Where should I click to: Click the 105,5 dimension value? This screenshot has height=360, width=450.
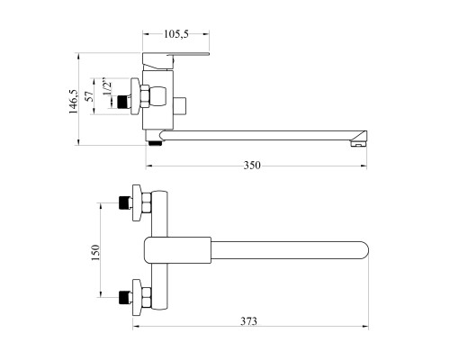coord(175,34)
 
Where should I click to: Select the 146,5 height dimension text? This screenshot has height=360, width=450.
coord(74,102)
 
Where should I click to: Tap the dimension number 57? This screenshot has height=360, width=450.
coord(89,96)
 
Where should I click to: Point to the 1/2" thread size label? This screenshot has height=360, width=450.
coord(107,87)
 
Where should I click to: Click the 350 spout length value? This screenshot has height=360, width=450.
coord(252,166)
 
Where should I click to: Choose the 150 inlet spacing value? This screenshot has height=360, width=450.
coord(95,253)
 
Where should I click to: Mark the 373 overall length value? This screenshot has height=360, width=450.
coord(248,321)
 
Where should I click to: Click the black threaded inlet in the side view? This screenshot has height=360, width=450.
coord(122,102)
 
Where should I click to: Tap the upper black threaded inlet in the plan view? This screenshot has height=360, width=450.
coord(124,202)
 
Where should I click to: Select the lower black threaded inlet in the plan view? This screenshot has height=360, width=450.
coord(124,297)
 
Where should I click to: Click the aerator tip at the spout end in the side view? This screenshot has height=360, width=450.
coord(359,144)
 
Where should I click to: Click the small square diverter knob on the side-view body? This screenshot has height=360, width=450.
coord(180,106)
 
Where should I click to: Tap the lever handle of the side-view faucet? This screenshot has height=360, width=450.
coord(175,60)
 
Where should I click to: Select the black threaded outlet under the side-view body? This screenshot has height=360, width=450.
coord(156,143)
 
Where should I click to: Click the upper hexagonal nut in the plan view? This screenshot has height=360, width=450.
coord(147,203)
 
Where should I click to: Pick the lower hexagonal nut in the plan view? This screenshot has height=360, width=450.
coord(147,298)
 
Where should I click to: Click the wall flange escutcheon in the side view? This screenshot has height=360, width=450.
coord(136,96)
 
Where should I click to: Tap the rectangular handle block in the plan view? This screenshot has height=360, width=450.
coord(177,250)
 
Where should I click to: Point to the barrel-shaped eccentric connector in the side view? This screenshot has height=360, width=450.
coord(157,96)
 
